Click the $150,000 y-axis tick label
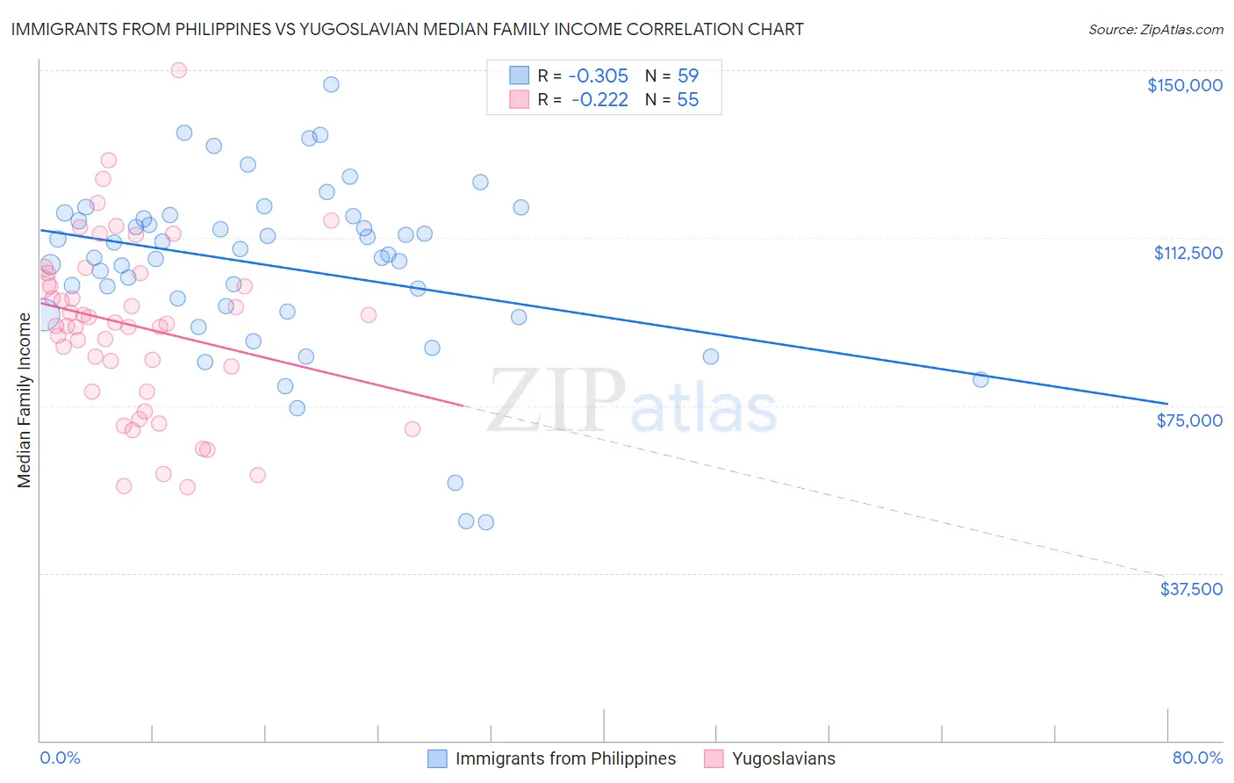click(1184, 85)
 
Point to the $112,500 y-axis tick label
click(1187, 253)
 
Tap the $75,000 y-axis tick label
click(1188, 420)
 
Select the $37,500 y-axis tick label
click(1190, 589)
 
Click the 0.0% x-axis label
click(60, 758)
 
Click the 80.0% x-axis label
click(1197, 758)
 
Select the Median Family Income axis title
click(25, 399)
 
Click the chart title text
click(407, 29)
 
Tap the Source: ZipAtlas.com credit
click(1155, 29)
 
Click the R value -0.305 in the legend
click(599, 75)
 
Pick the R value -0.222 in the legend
click(599, 100)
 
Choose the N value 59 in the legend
click(688, 75)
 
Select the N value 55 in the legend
click(688, 100)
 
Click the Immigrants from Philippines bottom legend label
click(565, 758)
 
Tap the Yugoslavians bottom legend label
click(783, 758)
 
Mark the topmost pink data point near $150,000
click(178, 70)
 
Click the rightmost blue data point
click(980, 379)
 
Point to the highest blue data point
click(331, 84)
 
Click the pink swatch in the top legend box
click(519, 100)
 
